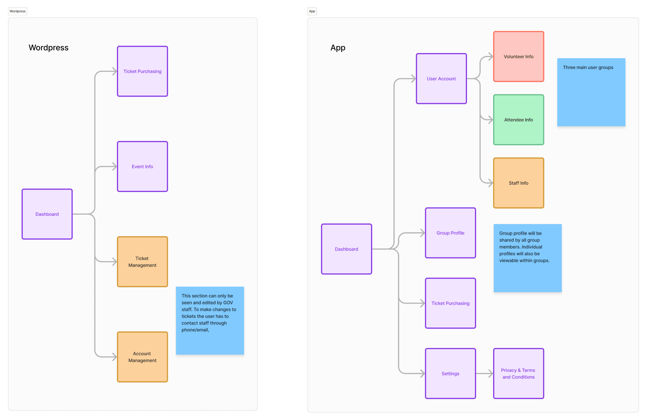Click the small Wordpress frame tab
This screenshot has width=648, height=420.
[18, 11]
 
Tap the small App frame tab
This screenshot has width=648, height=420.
[312, 11]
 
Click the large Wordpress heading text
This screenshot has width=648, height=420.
[49, 48]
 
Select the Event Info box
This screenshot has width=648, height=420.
[142, 166]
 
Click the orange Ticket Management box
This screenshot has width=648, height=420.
[142, 262]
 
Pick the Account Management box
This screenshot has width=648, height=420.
[142, 357]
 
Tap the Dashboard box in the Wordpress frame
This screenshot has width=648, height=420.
[47, 214]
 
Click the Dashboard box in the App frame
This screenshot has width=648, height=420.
[346, 249]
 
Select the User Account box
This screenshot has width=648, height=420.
[441, 79]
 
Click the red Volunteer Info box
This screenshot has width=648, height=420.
[518, 56]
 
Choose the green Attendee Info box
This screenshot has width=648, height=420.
[518, 120]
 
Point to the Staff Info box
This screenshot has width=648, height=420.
[518, 183]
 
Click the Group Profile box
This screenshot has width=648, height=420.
[450, 233]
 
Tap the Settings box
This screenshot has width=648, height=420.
[450, 374]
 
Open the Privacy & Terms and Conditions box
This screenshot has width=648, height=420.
[518, 374]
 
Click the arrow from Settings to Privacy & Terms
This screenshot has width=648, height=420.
[484, 374]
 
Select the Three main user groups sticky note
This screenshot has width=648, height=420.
[591, 92]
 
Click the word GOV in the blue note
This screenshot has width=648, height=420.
[228, 303]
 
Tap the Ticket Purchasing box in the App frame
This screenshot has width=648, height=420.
[450, 303]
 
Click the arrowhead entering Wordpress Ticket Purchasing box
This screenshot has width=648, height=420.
[114, 71]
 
